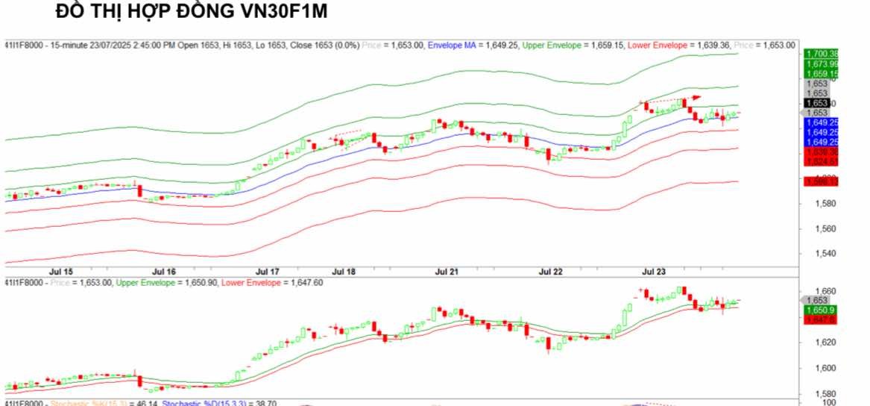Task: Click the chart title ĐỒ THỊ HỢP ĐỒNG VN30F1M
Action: [x=192, y=13]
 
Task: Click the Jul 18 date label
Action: [x=344, y=272]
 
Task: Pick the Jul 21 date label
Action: [x=447, y=272]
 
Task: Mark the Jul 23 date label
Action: [x=654, y=272]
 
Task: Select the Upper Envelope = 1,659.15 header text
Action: [x=573, y=46]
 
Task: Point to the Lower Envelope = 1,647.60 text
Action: [x=272, y=283]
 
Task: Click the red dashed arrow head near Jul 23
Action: [x=697, y=97]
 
